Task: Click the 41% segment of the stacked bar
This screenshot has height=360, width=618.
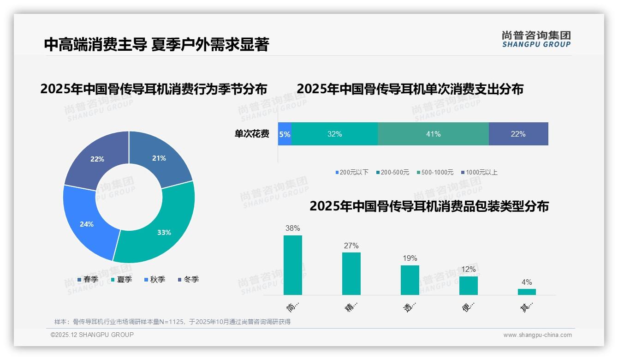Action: [433, 134]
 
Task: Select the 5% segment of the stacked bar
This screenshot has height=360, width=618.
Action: [285, 134]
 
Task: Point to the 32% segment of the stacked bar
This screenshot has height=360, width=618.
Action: [334, 134]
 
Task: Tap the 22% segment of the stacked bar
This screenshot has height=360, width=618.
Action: [518, 134]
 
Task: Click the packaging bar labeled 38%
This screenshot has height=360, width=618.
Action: [292, 265]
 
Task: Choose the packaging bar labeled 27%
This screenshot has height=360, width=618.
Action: [351, 273]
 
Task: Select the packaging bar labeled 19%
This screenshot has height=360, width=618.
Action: [410, 280]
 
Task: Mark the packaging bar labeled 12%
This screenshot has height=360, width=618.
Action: [468, 285]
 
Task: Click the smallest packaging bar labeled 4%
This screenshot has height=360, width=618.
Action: [527, 292]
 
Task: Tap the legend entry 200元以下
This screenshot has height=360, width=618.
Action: [352, 172]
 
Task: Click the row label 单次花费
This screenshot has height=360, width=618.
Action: [252, 134]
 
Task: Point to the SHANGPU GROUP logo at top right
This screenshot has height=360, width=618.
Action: [536, 39]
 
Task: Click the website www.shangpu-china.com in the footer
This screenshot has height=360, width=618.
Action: [537, 335]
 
